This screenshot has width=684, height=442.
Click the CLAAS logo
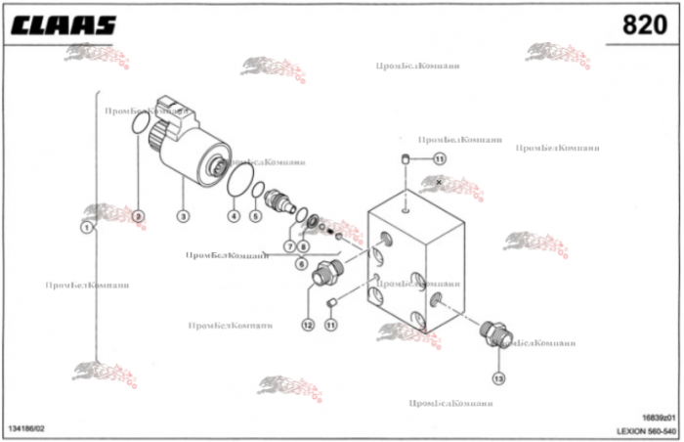click(64, 24)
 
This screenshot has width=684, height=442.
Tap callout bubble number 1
click(87, 227)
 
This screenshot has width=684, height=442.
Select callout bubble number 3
click(183, 215)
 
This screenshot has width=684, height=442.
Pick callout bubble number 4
click(234, 215)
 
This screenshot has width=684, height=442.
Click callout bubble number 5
click(256, 216)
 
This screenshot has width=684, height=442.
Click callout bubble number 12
click(307, 325)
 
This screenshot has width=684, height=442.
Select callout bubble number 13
click(498, 377)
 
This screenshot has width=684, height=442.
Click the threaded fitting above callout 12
click(324, 276)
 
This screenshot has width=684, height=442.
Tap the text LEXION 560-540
click(646, 430)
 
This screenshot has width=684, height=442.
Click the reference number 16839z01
click(657, 418)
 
